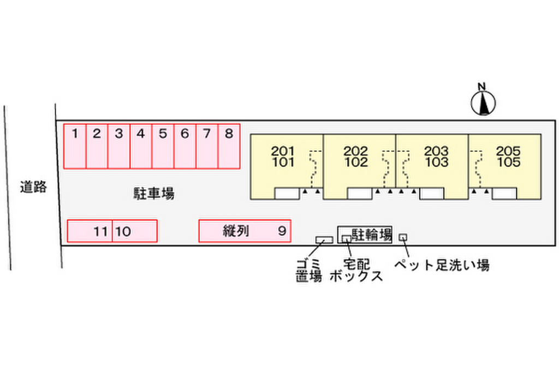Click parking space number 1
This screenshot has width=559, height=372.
click(75, 146)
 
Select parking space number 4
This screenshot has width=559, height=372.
click(141, 146)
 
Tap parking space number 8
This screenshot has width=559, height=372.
click(229, 146)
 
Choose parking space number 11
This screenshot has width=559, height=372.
click(90, 231)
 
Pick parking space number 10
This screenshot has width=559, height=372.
click(135, 231)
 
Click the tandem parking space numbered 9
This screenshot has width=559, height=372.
click(245, 231)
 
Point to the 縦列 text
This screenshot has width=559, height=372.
click(236, 231)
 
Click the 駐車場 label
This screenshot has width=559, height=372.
click(154, 194)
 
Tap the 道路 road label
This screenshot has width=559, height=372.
click(33, 187)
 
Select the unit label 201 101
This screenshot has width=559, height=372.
click(283, 157)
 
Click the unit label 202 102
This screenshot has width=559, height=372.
click(356, 157)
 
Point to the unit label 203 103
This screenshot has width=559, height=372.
click(436, 157)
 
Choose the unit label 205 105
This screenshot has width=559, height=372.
click(509, 157)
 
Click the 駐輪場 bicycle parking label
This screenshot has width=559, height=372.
click(372, 234)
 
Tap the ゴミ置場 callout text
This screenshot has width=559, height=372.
click(309, 271)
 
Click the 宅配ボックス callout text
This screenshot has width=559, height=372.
click(356, 271)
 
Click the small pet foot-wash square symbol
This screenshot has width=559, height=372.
click(403, 237)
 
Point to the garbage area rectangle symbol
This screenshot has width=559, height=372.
click(324, 240)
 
